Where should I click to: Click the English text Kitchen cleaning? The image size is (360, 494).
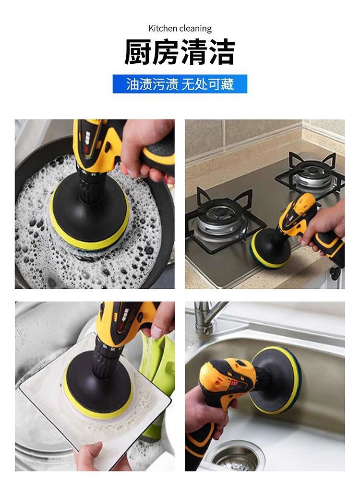click(x=180, y=29)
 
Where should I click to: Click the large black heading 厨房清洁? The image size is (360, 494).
click(x=180, y=52)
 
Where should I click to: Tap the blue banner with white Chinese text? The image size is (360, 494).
click(x=180, y=84)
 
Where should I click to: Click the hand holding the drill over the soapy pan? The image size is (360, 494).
click(x=145, y=148)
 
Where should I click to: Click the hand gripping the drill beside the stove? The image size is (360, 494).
click(x=324, y=226)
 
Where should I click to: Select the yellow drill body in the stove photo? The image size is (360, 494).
click(x=298, y=211)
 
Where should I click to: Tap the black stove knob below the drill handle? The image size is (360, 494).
click(x=335, y=273)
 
